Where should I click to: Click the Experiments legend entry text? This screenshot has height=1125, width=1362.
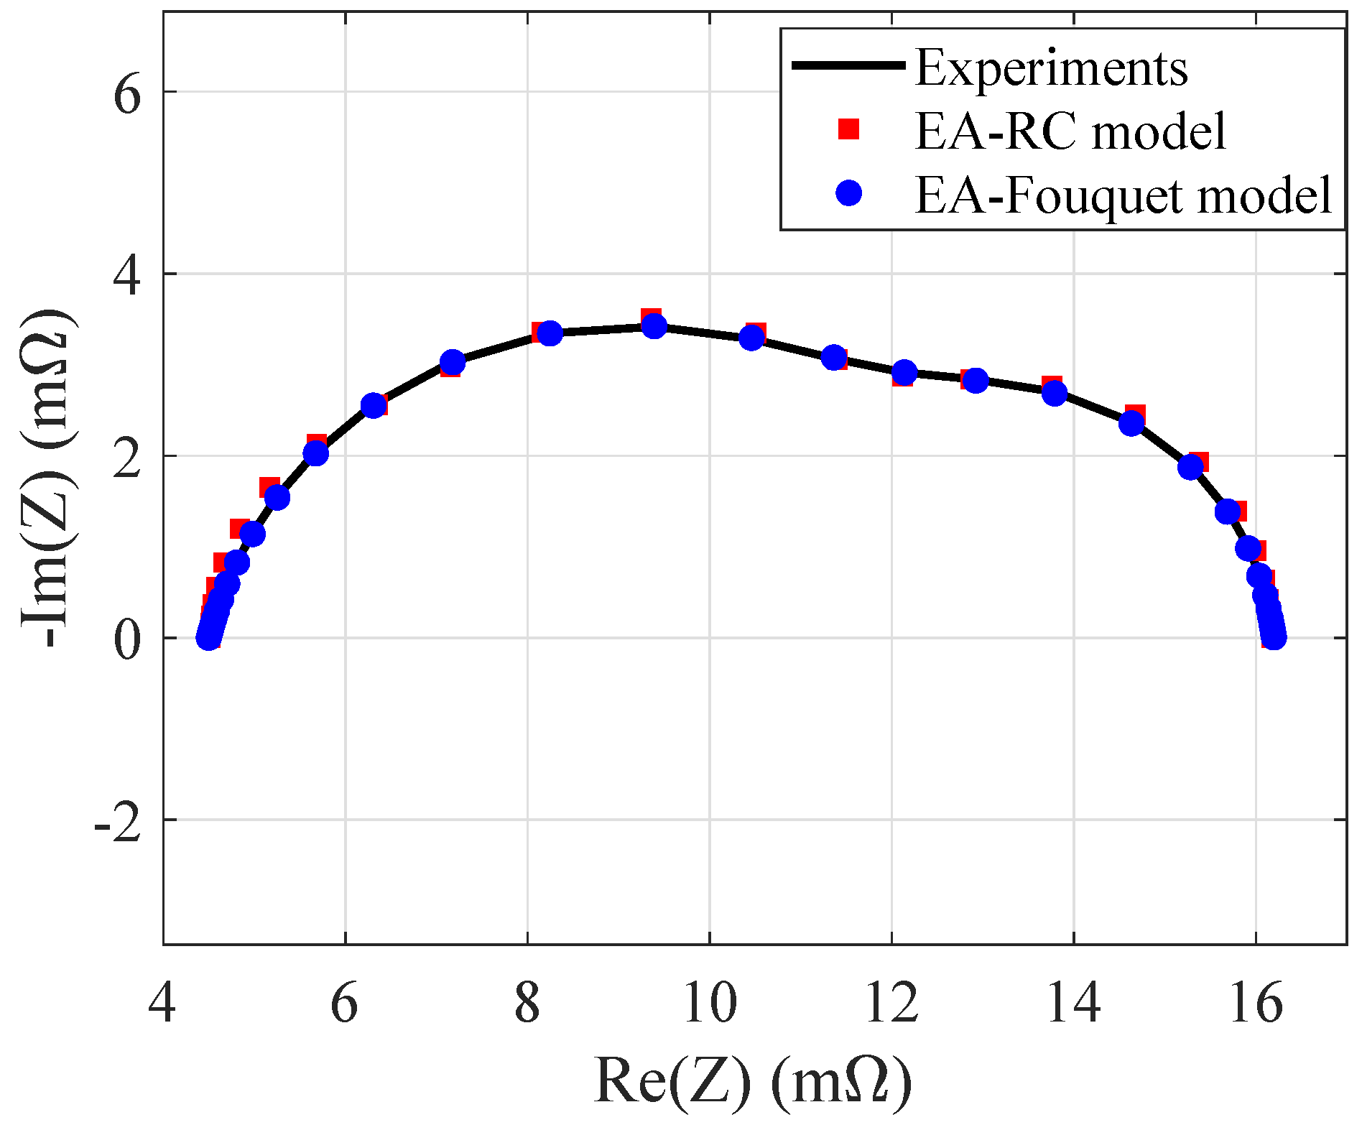(x=1051, y=68)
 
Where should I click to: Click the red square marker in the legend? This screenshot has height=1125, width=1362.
(x=849, y=129)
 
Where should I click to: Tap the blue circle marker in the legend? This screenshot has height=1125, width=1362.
(x=849, y=193)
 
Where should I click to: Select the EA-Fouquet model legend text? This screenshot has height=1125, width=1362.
(x=1124, y=195)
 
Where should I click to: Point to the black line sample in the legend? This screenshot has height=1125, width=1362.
(x=848, y=65)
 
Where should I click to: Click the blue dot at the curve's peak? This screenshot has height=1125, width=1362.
(x=654, y=326)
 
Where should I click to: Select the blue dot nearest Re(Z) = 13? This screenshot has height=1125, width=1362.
(x=975, y=380)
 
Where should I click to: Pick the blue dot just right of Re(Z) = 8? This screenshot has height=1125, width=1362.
(x=550, y=333)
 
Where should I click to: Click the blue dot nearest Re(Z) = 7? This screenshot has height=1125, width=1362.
(x=452, y=363)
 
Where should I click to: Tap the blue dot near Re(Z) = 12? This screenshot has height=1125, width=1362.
(x=904, y=372)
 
